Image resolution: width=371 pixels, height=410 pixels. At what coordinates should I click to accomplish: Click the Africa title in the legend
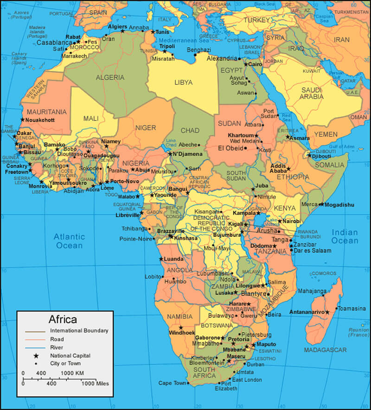(x=63, y=319)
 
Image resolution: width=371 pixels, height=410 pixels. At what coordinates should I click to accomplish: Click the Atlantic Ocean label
(x=69, y=241)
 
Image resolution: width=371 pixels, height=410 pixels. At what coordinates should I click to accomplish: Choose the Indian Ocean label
(x=345, y=236)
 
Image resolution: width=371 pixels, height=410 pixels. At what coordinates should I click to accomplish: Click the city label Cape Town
(x=172, y=383)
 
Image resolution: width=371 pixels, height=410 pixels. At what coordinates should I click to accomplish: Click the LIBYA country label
(x=183, y=82)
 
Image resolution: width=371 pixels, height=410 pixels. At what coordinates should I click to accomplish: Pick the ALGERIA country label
(x=110, y=77)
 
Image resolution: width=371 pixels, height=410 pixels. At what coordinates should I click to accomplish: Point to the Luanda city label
(x=173, y=259)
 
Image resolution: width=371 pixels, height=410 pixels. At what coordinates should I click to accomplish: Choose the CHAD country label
(x=190, y=130)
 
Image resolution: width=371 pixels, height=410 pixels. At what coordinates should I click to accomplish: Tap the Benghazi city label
(x=198, y=50)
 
